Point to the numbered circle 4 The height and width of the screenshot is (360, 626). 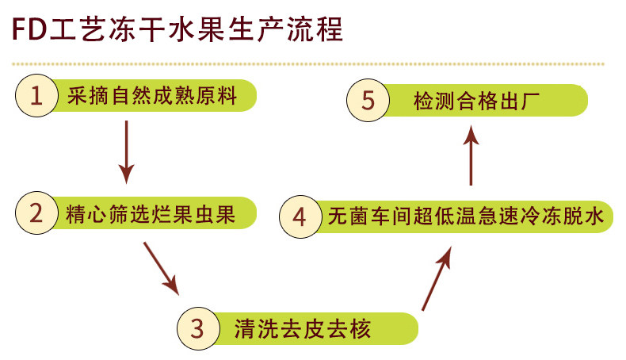click(x=300, y=216)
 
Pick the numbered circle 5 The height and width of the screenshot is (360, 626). click(x=367, y=101)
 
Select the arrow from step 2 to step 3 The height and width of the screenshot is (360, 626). click(x=161, y=267)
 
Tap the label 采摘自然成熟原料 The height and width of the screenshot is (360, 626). click(x=154, y=96)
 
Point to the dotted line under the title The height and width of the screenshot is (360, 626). click(x=309, y=63)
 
